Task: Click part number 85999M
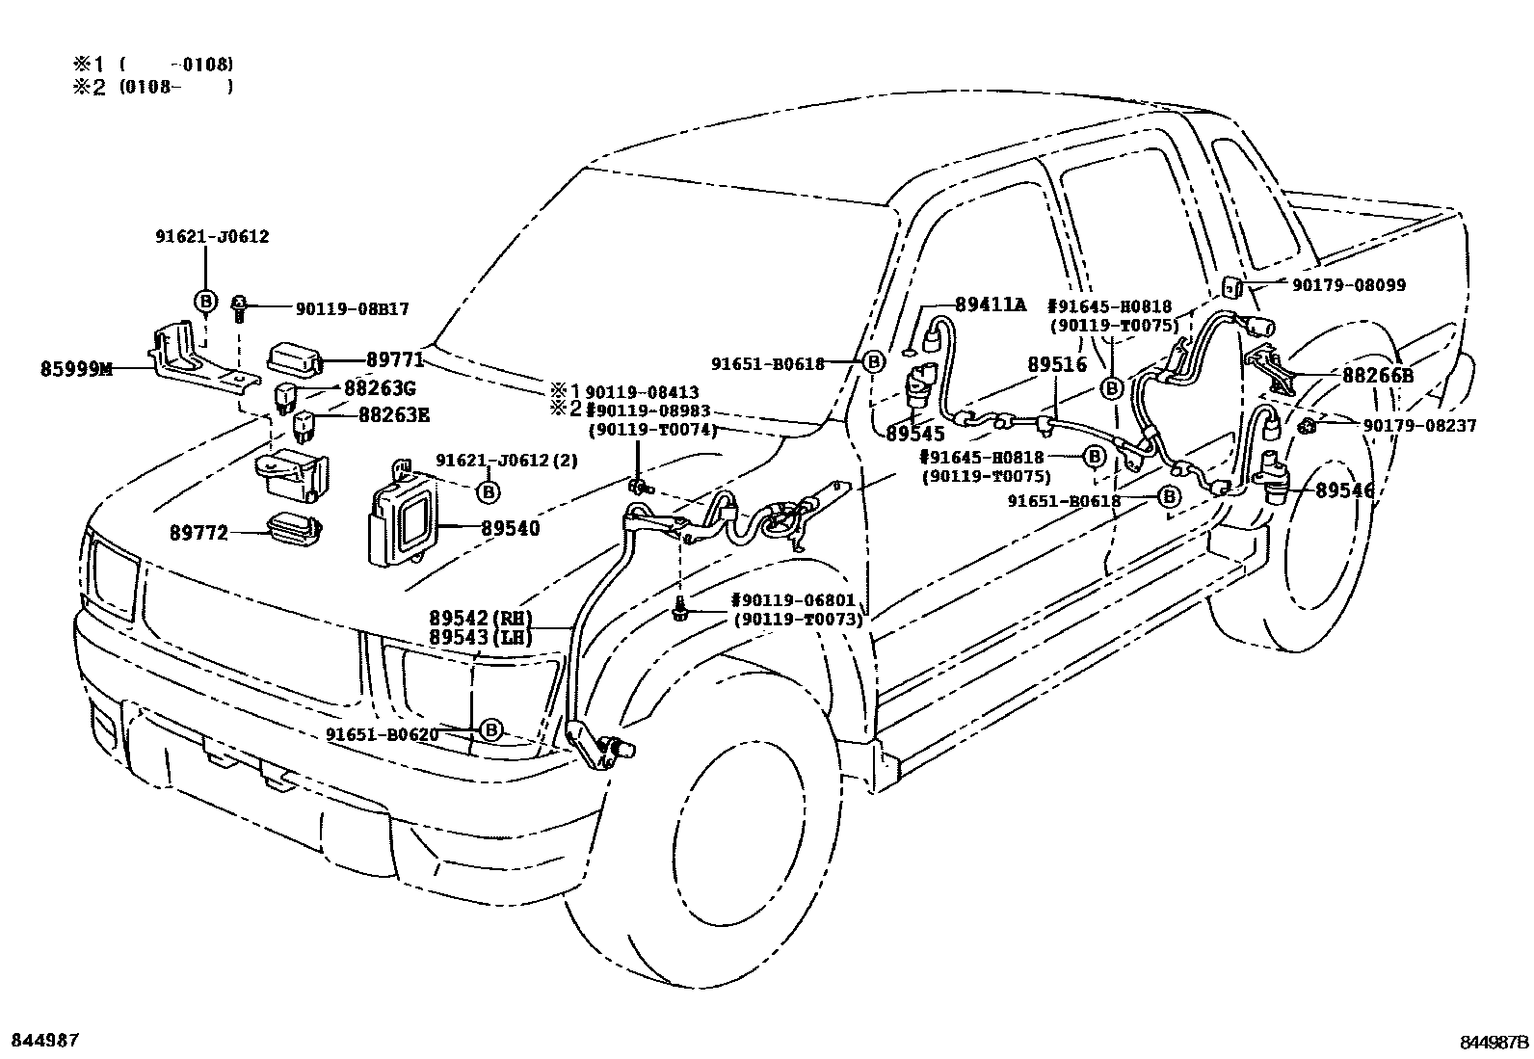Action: pyautogui.click(x=76, y=368)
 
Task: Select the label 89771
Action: pyautogui.click(x=394, y=359)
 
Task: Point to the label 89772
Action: pyautogui.click(x=199, y=532)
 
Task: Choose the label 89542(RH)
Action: pyautogui.click(x=481, y=619)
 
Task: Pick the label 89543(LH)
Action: pyautogui.click(x=481, y=637)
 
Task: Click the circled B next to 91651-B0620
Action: pyautogui.click(x=490, y=729)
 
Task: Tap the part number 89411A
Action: pyautogui.click(x=990, y=304)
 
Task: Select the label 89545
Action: pyautogui.click(x=915, y=435)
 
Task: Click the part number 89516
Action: pyautogui.click(x=1056, y=365)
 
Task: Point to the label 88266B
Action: pyautogui.click(x=1377, y=376)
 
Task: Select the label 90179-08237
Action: pyautogui.click(x=1418, y=425)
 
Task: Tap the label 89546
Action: pyautogui.click(x=1345, y=490)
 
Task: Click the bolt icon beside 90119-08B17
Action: pyautogui.click(x=239, y=308)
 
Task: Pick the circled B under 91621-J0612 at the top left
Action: pyautogui.click(x=205, y=302)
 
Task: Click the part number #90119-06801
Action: pyautogui.click(x=792, y=600)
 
